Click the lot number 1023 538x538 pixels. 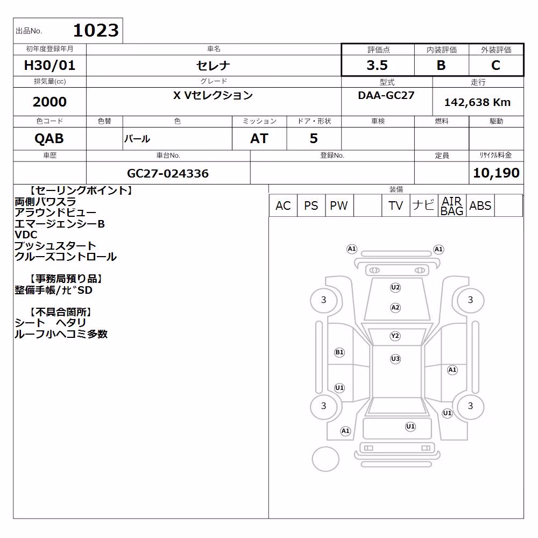pyautogui.click(x=96, y=30)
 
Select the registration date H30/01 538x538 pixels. pyautogui.click(x=49, y=65)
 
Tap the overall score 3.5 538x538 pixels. pyautogui.click(x=377, y=65)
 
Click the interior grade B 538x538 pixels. pyautogui.click(x=441, y=65)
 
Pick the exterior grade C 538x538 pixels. pyautogui.click(x=495, y=65)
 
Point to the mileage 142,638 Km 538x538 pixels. pyautogui.click(x=477, y=102)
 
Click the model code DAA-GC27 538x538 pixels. pyautogui.click(x=386, y=95)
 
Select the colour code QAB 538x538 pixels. pyautogui.click(x=49, y=139)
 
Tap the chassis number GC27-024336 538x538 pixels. pyautogui.click(x=168, y=173)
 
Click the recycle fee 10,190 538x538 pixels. pyautogui.click(x=496, y=173)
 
